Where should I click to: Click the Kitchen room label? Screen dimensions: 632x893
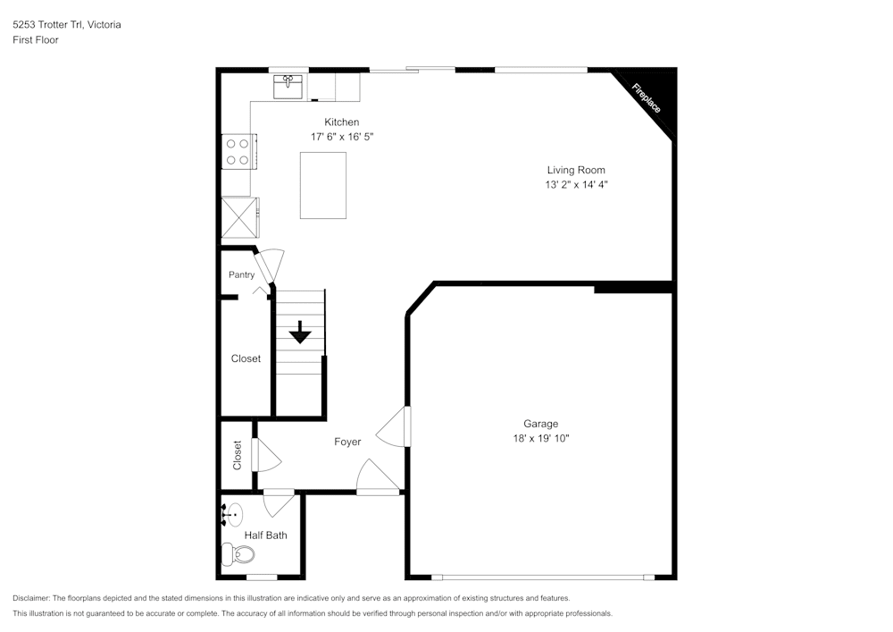tap(341, 122)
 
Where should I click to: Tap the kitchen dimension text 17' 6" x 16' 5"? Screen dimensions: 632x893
tap(341, 137)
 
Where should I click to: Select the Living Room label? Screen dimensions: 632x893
tap(576, 170)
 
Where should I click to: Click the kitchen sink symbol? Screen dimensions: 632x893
tap(288, 86)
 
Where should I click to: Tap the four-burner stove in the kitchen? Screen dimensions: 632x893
tap(238, 151)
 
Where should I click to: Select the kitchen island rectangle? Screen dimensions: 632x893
tap(322, 185)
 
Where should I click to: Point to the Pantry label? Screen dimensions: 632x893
tap(241, 275)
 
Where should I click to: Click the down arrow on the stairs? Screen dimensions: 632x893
tap(299, 333)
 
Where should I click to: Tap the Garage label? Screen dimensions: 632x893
tap(540, 424)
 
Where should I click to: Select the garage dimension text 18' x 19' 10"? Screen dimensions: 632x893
tap(540, 438)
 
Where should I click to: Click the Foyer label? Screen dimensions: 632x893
tap(347, 442)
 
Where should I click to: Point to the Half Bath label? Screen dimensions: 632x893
tap(265, 535)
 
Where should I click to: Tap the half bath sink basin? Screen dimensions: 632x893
tap(232, 514)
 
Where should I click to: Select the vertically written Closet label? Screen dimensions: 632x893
tap(238, 455)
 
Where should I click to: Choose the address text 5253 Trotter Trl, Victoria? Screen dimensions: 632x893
tap(67, 25)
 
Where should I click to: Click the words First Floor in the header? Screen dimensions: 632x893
tap(36, 40)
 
